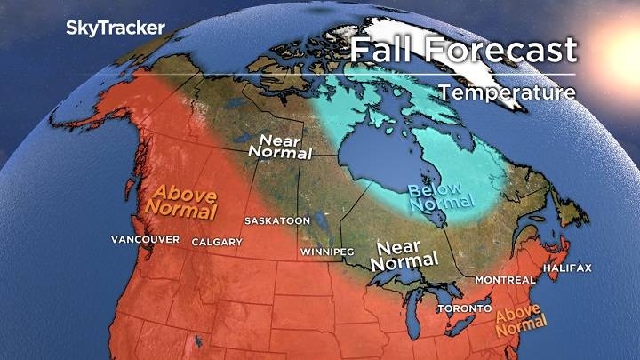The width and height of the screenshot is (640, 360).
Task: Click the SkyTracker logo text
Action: coord(116,28)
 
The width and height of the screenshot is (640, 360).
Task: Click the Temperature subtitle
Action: coord(506,92)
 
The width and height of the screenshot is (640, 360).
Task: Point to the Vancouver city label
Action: coord(146,240)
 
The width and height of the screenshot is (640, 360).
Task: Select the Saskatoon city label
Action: coord(278,220)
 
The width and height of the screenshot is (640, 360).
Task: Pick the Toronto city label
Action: coord(463,308)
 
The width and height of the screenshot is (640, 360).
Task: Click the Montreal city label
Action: coord(505,279)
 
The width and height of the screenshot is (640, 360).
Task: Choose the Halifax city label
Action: coord(570,268)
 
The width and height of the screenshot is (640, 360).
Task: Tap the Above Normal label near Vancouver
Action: coord(185,202)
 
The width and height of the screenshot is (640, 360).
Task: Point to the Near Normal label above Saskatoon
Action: coord(284,146)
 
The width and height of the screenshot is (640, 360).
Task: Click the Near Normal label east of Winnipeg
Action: coord(405,254)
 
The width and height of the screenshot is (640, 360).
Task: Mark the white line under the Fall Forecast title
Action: coord(462,73)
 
